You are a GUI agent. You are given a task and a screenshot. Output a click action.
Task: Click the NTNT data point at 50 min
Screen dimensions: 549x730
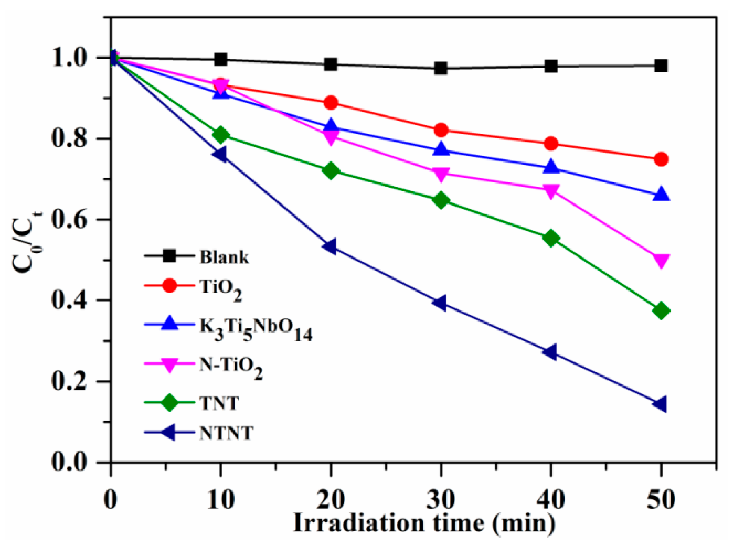[660, 404]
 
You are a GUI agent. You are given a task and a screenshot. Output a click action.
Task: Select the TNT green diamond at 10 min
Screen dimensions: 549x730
[220, 134]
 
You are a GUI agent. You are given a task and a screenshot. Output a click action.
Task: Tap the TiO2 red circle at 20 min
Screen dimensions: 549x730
[331, 103]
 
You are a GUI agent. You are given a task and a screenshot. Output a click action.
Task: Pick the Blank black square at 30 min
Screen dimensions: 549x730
[441, 68]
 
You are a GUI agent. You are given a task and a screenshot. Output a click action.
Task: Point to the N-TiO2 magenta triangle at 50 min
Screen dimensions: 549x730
[661, 260]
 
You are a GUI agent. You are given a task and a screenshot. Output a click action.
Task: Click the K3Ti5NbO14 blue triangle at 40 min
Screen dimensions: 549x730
[551, 167]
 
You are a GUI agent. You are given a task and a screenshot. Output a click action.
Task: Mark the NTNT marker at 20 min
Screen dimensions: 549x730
[330, 246]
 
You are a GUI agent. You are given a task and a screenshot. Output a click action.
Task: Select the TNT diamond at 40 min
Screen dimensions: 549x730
[551, 238]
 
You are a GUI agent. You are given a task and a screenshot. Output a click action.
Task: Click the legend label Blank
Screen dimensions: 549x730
[224, 257]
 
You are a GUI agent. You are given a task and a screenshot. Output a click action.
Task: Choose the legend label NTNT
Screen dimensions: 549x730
[226, 433]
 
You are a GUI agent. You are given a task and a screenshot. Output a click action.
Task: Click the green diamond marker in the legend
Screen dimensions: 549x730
[169, 403]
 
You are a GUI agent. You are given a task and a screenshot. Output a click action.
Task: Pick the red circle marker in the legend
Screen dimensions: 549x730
[169, 286]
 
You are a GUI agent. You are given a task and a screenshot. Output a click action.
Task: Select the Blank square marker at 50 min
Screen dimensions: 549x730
[661, 66]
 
